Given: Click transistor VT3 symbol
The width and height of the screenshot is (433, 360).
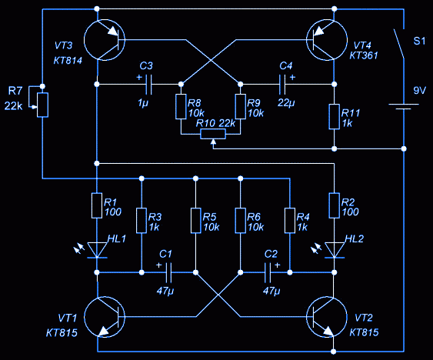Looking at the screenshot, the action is (x=104, y=40).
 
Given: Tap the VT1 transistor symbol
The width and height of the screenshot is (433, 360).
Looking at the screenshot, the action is (x=104, y=317).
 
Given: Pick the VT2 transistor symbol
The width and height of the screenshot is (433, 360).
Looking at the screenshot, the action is (x=327, y=317).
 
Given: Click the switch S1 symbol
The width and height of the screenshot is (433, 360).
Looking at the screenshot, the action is (x=399, y=43).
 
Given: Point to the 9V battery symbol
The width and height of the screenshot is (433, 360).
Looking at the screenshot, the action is (x=404, y=106).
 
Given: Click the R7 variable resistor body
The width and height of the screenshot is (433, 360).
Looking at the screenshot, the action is (x=43, y=105).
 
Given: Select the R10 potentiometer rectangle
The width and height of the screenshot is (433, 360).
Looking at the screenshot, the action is (x=213, y=134).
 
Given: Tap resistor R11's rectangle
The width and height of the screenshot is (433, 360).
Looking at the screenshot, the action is (x=334, y=117).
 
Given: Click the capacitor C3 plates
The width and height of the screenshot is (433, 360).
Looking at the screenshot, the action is (x=148, y=84).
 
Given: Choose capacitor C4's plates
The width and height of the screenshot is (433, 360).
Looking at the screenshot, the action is (x=282, y=84).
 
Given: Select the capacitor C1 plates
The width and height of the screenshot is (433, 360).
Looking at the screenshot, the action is (x=168, y=273).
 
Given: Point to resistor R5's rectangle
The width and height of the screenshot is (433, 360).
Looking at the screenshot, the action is (x=195, y=221).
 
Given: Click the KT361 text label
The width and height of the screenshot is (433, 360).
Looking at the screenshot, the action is (x=364, y=55).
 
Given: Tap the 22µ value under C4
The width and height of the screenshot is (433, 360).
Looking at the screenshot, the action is (x=286, y=103).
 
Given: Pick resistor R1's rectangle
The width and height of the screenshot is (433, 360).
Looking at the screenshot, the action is (x=97, y=205).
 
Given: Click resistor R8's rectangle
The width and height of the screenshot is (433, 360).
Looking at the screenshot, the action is (x=181, y=107).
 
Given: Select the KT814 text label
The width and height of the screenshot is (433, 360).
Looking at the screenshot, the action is (x=68, y=61).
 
